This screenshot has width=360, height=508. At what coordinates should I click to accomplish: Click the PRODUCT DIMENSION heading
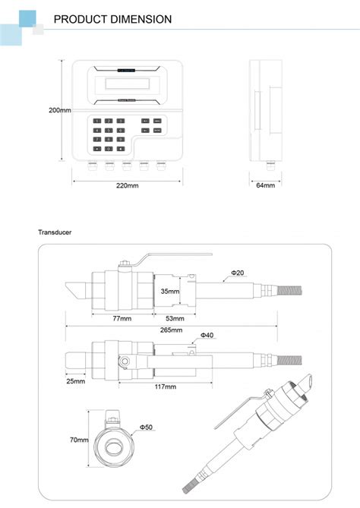112,19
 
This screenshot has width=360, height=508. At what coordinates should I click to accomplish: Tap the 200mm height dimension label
59,110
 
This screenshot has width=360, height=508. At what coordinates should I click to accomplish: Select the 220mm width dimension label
126,185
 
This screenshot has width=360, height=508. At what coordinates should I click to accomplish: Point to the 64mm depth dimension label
265,185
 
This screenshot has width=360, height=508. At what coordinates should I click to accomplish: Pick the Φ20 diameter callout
237,272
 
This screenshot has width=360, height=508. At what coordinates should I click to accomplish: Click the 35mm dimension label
170,291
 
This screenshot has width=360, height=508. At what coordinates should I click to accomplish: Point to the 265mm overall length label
172,330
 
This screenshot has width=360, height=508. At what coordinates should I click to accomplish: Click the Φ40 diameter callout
207,335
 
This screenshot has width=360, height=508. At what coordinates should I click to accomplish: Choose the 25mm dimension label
75,381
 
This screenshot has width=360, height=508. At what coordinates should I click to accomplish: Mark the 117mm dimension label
165,387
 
